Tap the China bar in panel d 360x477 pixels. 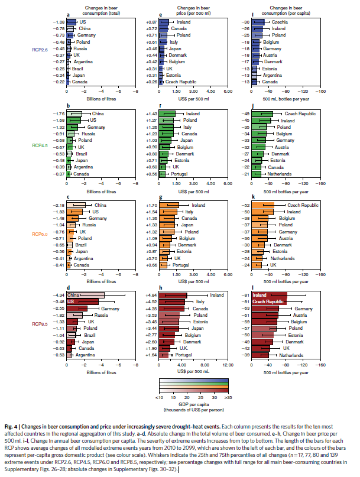pyautogui.click(x=85, y=294)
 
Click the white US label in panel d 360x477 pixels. pyautogui.click(x=71, y=301)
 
